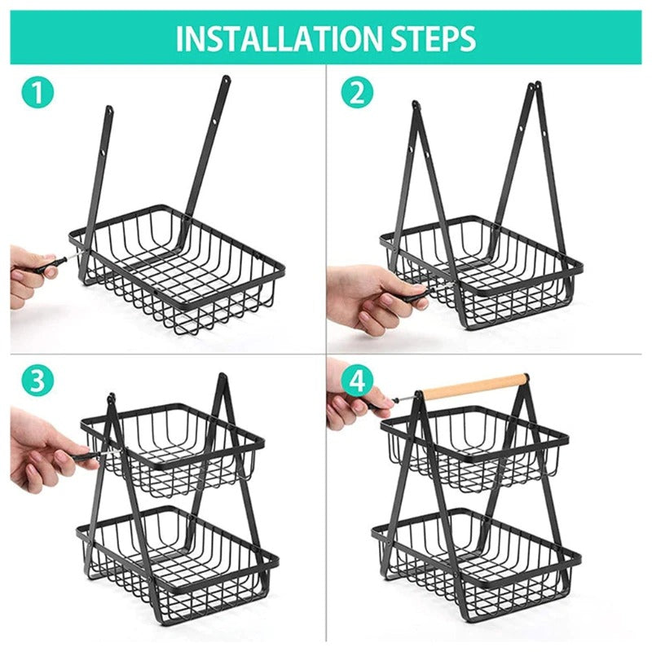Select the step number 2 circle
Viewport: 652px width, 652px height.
[x=356, y=94]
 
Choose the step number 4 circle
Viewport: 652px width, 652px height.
[x=356, y=381]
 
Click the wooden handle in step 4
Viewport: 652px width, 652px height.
[x=474, y=386]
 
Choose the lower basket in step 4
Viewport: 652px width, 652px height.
[x=477, y=554]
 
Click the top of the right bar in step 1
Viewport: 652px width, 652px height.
[x=225, y=80]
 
